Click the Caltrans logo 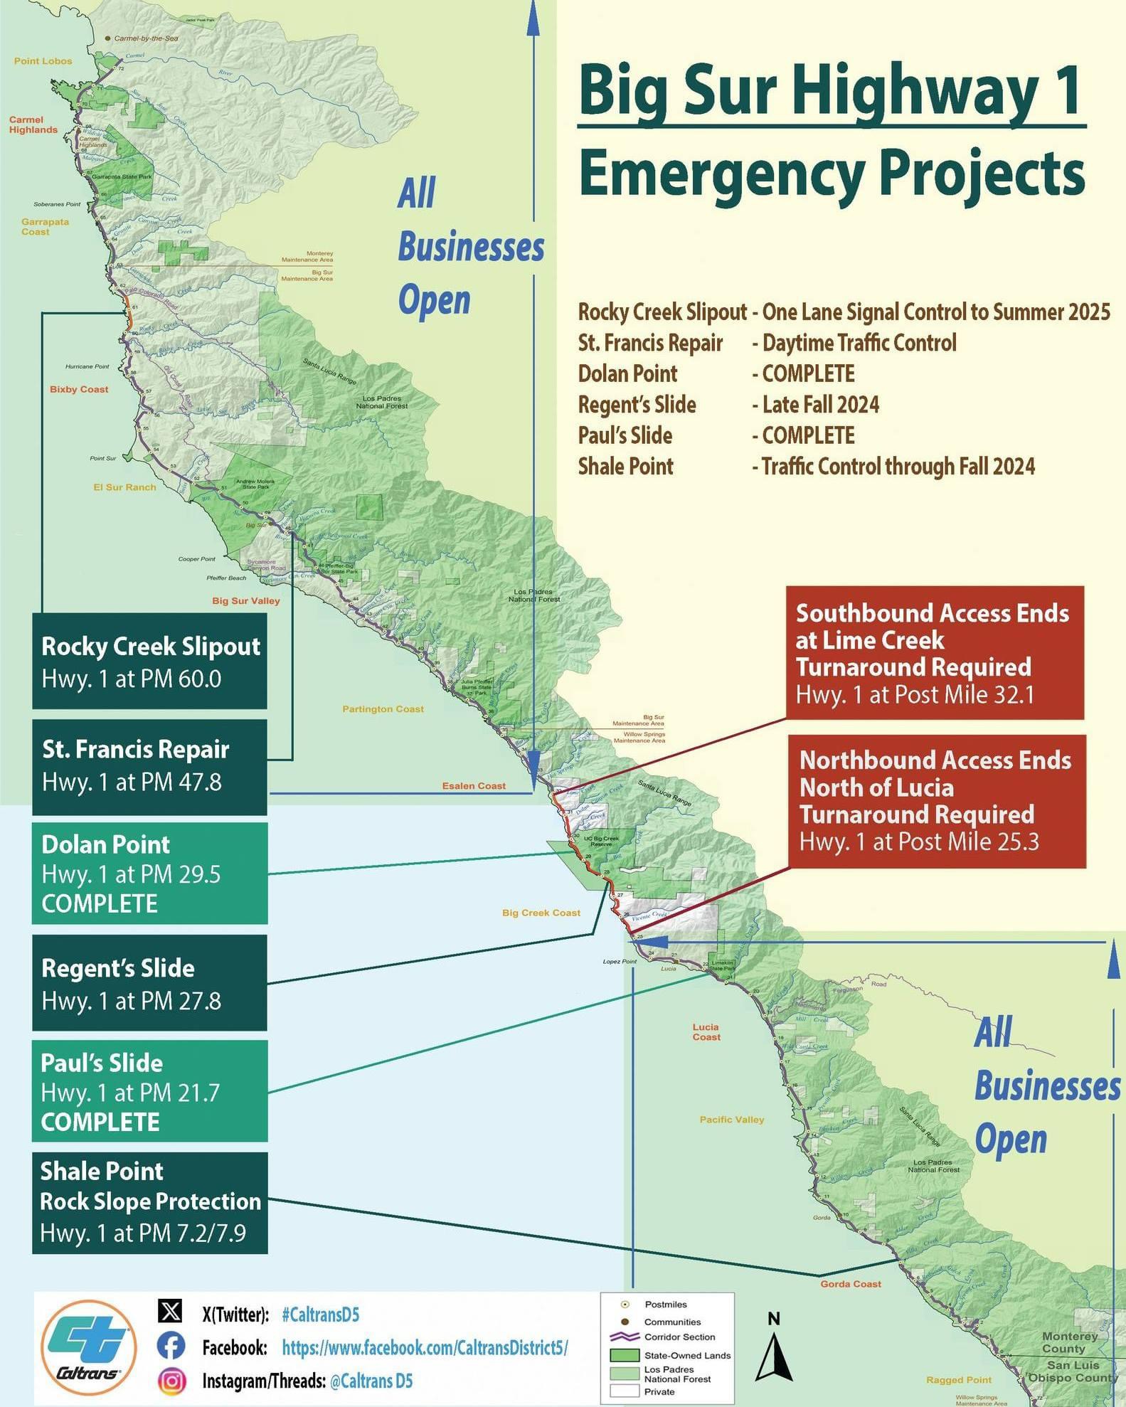click(x=88, y=1347)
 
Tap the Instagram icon click(x=171, y=1381)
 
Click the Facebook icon click(x=171, y=1347)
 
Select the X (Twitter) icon click(x=170, y=1312)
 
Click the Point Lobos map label click(x=43, y=61)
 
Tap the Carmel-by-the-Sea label click(x=146, y=38)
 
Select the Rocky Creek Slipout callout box click(x=149, y=661)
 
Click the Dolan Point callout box click(x=149, y=873)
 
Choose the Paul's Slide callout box click(x=149, y=1091)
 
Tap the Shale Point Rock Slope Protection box click(x=149, y=1202)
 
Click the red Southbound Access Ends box click(x=934, y=653)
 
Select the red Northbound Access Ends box click(x=936, y=801)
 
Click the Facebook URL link click(x=425, y=1347)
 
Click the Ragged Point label click(x=958, y=1380)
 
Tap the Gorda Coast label click(x=850, y=1284)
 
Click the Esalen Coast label click(x=473, y=786)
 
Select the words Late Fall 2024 click(x=820, y=405)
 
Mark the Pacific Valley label click(x=731, y=1120)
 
